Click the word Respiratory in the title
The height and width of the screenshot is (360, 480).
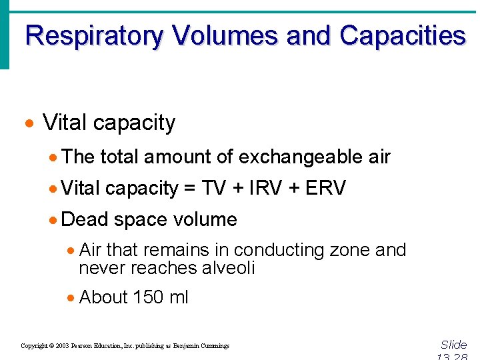(93, 35)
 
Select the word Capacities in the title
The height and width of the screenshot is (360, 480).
(402, 35)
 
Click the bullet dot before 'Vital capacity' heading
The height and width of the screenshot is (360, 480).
(28, 125)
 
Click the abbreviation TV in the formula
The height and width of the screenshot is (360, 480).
(213, 189)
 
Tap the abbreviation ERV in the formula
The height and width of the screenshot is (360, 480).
(325, 189)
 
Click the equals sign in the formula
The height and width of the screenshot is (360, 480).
(189, 189)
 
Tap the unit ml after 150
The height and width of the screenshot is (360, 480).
(179, 297)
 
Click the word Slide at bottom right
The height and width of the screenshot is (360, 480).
(454, 345)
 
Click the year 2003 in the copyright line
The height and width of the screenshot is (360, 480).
(63, 346)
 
